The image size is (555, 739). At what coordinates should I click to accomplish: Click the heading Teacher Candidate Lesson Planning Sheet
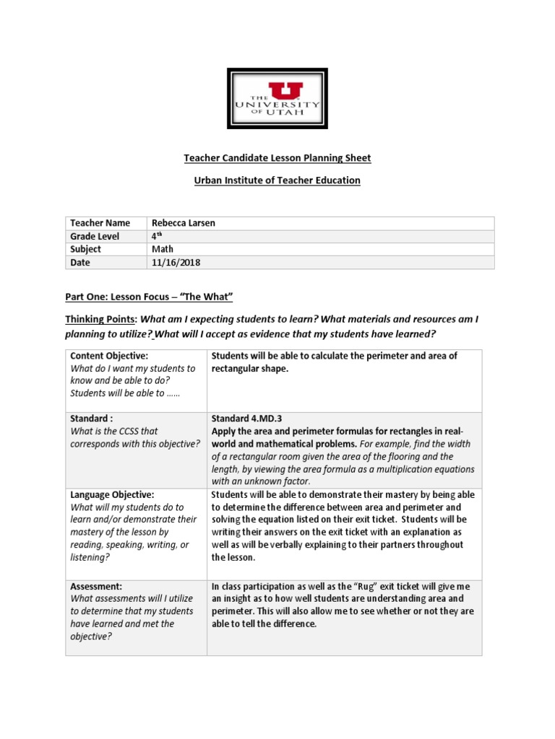coord(277,158)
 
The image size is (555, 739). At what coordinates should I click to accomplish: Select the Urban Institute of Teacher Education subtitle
coord(277,180)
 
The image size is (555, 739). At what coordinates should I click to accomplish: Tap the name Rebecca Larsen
coord(183,223)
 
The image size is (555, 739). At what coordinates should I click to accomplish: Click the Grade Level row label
coord(95,237)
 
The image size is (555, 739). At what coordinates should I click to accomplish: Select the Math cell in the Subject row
coord(163,250)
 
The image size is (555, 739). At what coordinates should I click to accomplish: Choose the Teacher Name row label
coord(99,223)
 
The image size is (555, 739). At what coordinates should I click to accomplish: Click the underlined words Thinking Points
coord(100,320)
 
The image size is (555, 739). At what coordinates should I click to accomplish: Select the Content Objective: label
coord(109,356)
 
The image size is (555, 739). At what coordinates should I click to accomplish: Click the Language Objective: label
coord(112,495)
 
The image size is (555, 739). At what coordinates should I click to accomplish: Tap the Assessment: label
coord(96,587)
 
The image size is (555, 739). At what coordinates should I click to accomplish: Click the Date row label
coord(80,263)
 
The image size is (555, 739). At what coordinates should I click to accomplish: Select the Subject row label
coord(86,250)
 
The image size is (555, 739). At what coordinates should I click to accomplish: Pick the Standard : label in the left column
coord(92,419)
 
